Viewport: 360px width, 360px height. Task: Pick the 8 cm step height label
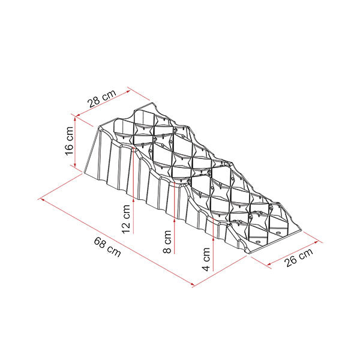tap(167, 242)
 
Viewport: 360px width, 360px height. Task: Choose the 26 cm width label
tap(298, 260)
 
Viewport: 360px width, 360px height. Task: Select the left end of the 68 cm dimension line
tap(40, 197)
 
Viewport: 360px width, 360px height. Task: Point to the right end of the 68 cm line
tap(194, 286)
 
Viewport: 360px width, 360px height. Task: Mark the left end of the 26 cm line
tap(250, 257)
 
